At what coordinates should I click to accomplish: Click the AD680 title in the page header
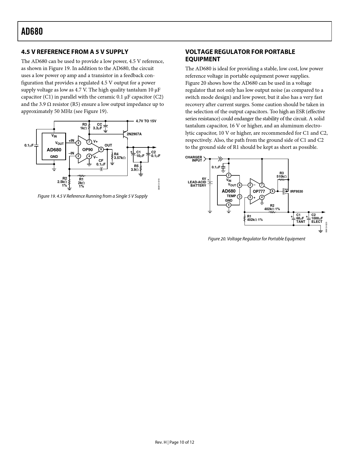(x=32, y=31)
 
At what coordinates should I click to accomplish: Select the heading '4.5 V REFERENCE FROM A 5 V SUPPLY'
(x=75, y=52)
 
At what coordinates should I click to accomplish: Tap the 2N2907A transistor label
(x=134, y=134)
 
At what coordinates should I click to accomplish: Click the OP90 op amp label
(x=87, y=150)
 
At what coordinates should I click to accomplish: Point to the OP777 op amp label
(x=259, y=191)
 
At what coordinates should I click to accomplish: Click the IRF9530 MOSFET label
(x=296, y=191)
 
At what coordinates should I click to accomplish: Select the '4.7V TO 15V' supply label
(x=146, y=121)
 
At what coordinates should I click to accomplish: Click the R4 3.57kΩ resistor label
(x=119, y=156)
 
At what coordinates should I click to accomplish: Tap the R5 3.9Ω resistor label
(x=135, y=168)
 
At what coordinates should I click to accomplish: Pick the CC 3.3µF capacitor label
(x=98, y=126)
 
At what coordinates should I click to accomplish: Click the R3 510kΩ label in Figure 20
(x=281, y=175)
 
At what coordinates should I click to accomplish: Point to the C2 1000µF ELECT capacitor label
(x=317, y=218)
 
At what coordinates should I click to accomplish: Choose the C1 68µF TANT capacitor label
(x=300, y=218)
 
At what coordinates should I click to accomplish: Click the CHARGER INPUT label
(x=194, y=159)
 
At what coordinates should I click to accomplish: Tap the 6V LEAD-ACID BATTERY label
(x=197, y=182)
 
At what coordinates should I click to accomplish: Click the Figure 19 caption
(x=93, y=196)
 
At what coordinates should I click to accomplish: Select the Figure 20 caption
(x=256, y=239)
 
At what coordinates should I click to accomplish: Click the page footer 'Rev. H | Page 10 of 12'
(x=174, y=442)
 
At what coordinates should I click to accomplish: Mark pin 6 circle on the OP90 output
(x=101, y=149)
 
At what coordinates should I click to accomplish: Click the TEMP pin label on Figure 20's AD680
(x=231, y=196)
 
